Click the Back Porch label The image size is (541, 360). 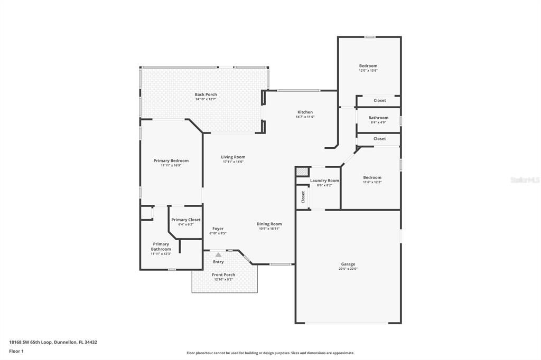click(x=206, y=94)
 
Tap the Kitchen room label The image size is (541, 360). click(x=305, y=112)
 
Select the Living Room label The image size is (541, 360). click(x=233, y=157)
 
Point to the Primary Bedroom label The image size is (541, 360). click(x=171, y=160)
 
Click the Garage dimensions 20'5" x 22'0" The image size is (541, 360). click(x=348, y=269)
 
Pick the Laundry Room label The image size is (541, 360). click(x=324, y=181)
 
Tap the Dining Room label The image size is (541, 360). click(x=269, y=224)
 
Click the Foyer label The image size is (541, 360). click(x=218, y=229)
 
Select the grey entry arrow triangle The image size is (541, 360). click(x=218, y=254)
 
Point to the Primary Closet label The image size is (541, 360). click(x=186, y=220)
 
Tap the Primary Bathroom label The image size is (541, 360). click(x=161, y=247)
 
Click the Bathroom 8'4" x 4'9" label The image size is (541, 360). click(x=378, y=118)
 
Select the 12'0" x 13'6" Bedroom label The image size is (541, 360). click(x=368, y=66)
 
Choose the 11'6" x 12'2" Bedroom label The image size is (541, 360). click(x=372, y=177)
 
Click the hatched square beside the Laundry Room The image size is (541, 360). click(x=302, y=172)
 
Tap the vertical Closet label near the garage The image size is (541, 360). click(x=303, y=197)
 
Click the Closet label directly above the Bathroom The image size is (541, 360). click(x=379, y=100)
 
